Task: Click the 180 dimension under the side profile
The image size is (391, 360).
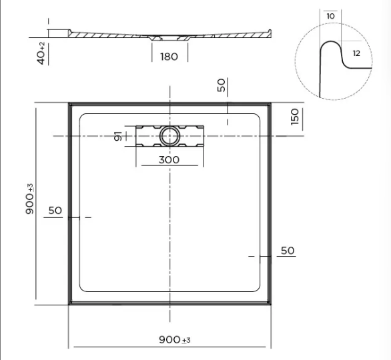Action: tap(169, 57)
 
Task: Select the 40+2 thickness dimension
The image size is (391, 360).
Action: tap(41, 53)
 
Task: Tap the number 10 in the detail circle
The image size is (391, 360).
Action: tap(331, 16)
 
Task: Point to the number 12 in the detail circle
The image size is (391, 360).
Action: tap(356, 53)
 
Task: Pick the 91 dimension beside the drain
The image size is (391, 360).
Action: tap(119, 137)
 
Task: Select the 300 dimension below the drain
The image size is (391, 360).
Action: tap(168, 159)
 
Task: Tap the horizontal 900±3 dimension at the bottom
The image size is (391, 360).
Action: tap(175, 339)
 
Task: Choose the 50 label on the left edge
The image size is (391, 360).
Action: tap(55, 211)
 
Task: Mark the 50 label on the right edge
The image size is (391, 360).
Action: tap(288, 251)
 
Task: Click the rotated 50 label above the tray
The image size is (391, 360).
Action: tap(222, 85)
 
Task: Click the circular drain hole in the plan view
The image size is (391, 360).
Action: tap(169, 136)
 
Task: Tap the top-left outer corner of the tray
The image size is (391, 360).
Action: tap(70, 103)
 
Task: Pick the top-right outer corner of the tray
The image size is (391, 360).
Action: tap(271, 103)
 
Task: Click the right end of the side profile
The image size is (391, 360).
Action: tap(270, 30)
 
